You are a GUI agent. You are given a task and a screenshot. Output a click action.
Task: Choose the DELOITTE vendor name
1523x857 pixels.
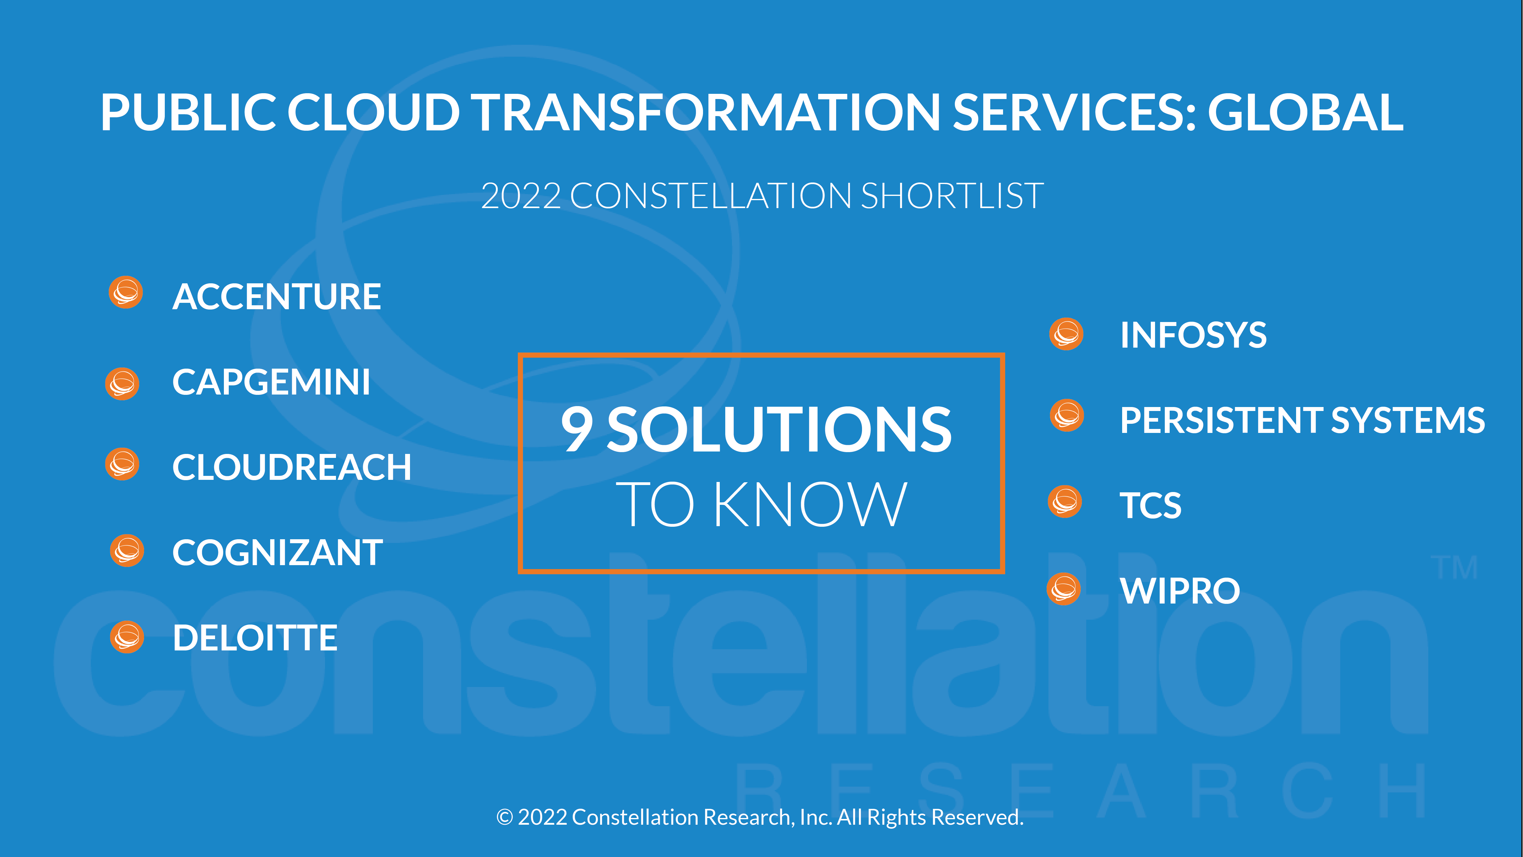(255, 638)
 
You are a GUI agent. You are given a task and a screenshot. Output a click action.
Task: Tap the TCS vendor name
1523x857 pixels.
(1150, 506)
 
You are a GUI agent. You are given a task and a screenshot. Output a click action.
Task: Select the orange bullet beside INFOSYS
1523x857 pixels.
(1066, 334)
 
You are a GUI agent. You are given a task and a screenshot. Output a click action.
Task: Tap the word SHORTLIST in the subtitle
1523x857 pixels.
(952, 196)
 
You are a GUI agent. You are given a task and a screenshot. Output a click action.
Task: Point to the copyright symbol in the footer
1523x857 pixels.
(504, 817)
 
